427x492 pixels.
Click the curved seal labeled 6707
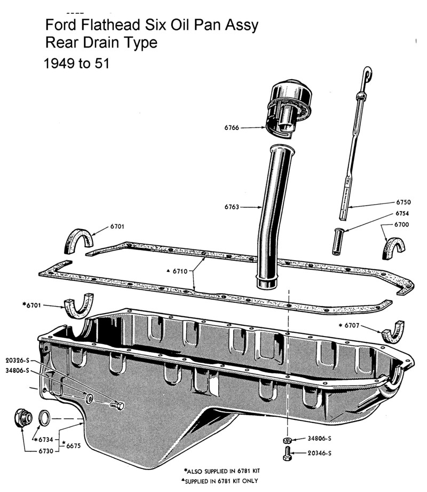coord(393,332)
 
